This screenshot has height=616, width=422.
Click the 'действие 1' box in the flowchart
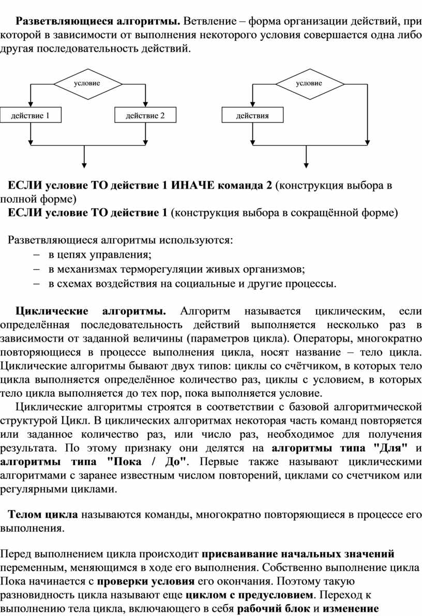point(31,115)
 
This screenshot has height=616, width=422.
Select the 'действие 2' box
point(145,115)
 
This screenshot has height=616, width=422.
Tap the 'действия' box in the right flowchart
point(252,115)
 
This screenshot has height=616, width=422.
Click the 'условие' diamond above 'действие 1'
point(87,83)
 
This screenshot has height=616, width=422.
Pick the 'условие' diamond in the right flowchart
point(309,83)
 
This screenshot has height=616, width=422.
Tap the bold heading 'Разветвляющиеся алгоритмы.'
point(98,22)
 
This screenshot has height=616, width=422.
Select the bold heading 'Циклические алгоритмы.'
point(91,311)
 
